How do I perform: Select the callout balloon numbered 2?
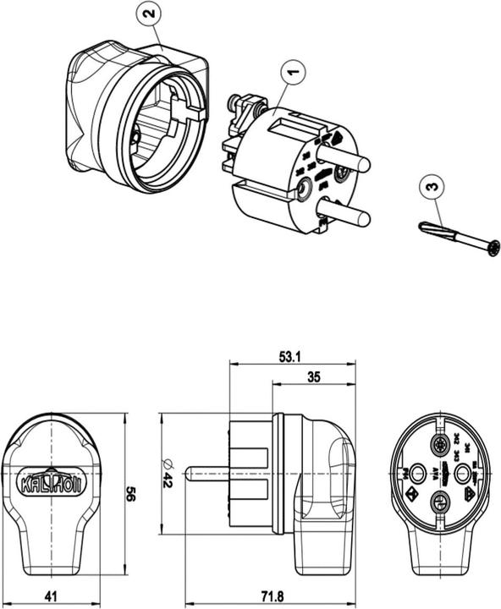click(x=149, y=14)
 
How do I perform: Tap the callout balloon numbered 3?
click(x=431, y=185)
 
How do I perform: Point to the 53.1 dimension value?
click(x=290, y=358)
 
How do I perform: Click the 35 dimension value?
click(x=313, y=378)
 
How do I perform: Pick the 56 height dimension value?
click(x=132, y=494)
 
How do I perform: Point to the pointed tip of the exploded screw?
click(x=423, y=226)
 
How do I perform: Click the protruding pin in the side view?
click(x=207, y=474)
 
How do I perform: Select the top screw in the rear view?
click(x=439, y=446)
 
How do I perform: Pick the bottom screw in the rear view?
click(x=439, y=502)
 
